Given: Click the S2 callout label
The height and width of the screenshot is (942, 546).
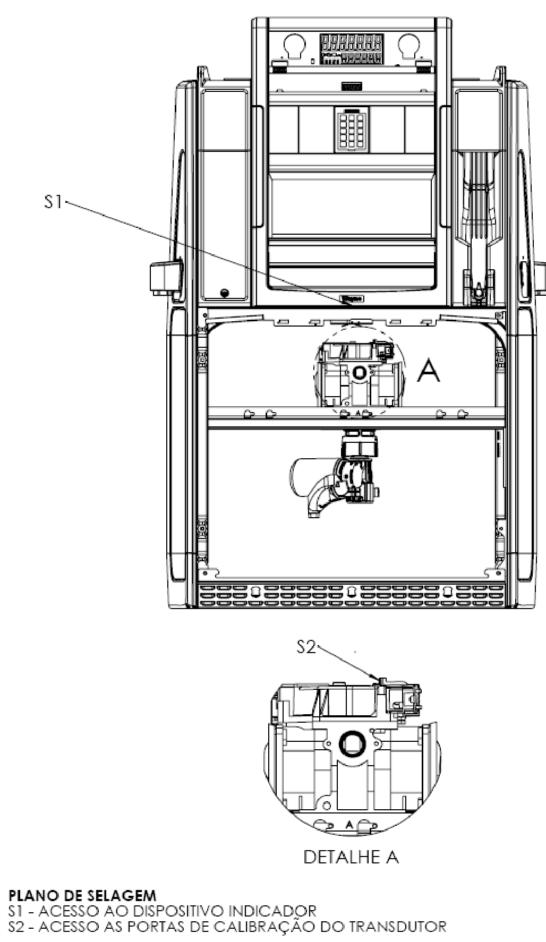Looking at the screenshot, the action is pyautogui.click(x=306, y=647).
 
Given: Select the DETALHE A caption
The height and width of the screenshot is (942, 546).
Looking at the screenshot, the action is pyautogui.click(x=351, y=857).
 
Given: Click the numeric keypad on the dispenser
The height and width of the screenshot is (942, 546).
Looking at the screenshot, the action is pyautogui.click(x=351, y=130).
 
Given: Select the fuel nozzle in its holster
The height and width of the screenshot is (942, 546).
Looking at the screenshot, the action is pyautogui.click(x=479, y=223).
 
